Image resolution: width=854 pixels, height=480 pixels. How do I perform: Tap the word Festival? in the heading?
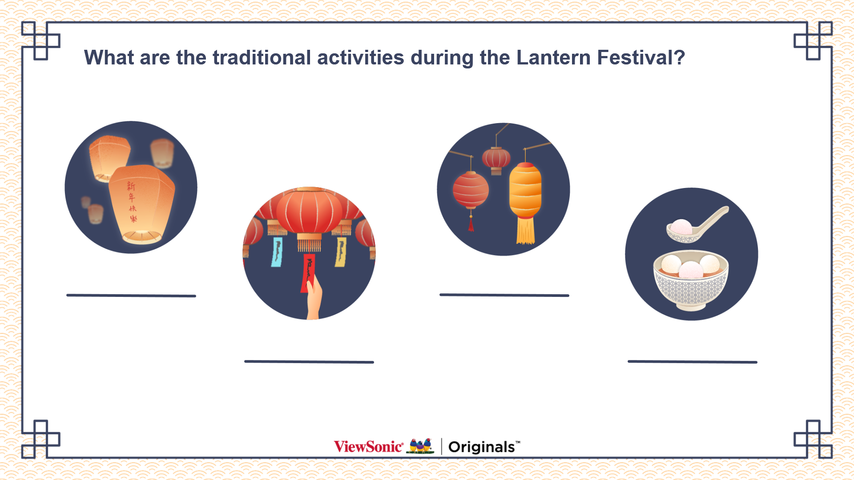[640, 58]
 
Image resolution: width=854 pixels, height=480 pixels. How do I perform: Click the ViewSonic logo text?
[368, 446]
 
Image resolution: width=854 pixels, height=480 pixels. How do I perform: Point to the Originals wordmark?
[484, 447]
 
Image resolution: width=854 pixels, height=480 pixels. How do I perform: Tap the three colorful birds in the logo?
[420, 446]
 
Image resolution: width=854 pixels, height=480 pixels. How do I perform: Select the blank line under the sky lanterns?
[131, 296]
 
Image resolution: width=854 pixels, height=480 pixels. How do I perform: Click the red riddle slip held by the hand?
[308, 272]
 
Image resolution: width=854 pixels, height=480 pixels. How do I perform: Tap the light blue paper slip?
[277, 252]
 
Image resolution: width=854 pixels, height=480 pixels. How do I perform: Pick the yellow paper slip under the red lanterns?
[340, 252]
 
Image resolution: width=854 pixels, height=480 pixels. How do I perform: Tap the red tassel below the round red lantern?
[471, 224]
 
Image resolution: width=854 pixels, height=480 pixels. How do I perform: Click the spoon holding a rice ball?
[697, 225]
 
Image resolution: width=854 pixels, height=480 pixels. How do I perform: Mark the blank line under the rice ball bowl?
[693, 362]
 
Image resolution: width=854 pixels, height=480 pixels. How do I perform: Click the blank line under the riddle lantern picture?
[309, 362]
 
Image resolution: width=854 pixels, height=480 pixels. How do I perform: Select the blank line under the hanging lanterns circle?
[504, 295]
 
